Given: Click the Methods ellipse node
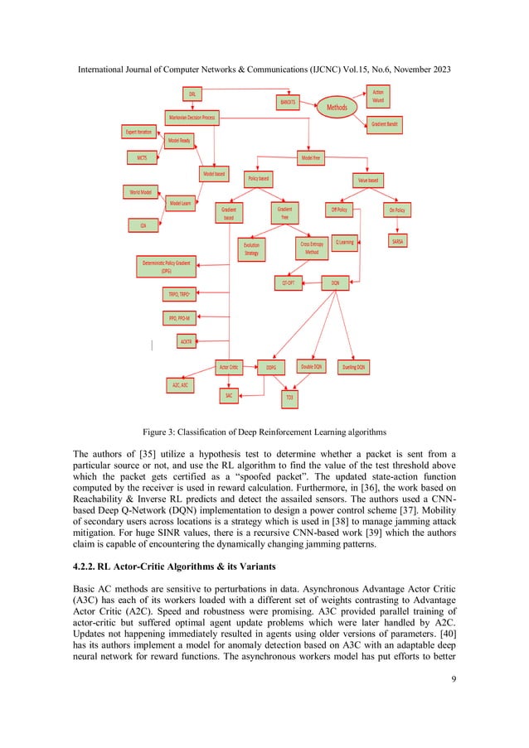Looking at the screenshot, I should [x=337, y=107].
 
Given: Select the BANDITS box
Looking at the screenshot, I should [x=288, y=102].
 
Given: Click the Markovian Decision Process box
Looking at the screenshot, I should [x=192, y=118].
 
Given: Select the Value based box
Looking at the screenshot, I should [x=367, y=179].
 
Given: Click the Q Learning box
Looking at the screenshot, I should [x=344, y=243].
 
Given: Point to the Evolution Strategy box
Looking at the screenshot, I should [x=251, y=249].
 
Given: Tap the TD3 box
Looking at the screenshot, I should [x=289, y=398].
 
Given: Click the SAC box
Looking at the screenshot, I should [x=229, y=396].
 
